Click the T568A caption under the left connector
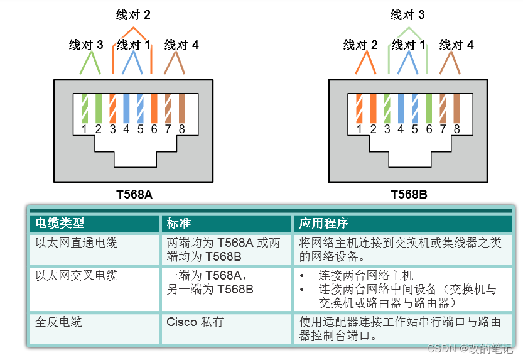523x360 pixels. (134, 194)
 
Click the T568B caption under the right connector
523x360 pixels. (409, 194)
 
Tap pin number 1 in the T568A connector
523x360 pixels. (84, 130)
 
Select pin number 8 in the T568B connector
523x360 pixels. (457, 130)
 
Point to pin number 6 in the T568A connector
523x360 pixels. (154, 130)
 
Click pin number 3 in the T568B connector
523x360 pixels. (387, 130)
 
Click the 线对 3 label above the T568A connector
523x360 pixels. (86, 45)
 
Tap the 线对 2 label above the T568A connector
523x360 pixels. (134, 14)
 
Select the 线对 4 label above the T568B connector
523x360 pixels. (456, 45)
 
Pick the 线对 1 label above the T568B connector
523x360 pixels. (409, 45)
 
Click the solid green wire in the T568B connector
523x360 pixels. (429, 108)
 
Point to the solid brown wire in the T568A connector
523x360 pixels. (182, 108)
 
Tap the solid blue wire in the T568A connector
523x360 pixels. (126, 108)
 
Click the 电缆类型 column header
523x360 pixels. (60, 224)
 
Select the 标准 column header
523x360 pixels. (179, 224)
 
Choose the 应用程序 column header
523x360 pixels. (323, 224)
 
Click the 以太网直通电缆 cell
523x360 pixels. (77, 243)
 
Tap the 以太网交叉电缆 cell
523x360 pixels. (77, 276)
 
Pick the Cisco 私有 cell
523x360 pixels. (195, 322)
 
